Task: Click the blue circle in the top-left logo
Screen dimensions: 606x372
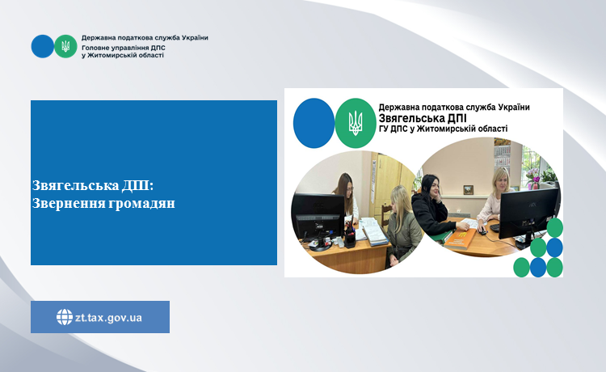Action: point(43,46)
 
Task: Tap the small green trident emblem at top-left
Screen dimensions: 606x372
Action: point(65,46)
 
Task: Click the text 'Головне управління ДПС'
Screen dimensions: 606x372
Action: point(124,48)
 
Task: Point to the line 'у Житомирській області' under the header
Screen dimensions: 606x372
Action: point(123,55)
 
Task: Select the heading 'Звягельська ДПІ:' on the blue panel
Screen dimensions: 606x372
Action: point(93,186)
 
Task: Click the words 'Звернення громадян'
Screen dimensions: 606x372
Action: point(103,203)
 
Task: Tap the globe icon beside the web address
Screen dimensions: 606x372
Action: point(65,317)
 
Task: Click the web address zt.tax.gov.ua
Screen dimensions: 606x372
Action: point(108,318)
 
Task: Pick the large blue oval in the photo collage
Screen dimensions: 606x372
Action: point(314,123)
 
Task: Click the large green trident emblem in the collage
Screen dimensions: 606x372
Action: point(356,123)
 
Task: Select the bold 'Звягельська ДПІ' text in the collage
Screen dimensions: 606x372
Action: point(423,117)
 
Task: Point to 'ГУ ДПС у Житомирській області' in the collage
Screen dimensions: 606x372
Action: point(443,129)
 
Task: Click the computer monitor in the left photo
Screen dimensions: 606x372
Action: point(318,217)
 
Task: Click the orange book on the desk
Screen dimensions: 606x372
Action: point(461,239)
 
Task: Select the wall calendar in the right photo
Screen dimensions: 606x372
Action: point(502,157)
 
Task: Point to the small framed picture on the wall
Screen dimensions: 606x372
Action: point(468,190)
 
